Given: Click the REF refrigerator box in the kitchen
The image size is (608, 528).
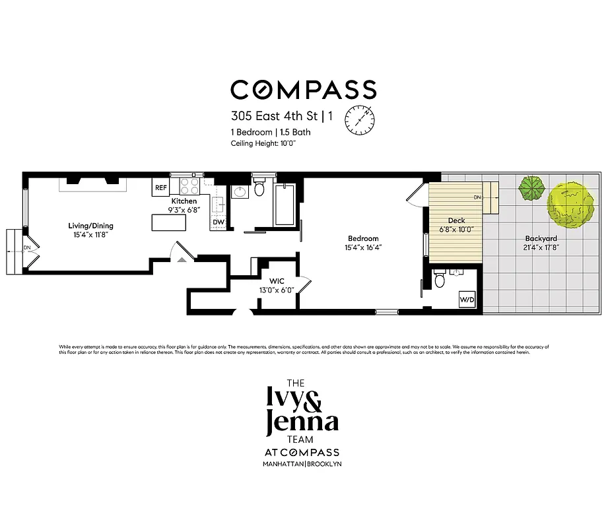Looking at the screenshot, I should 161,187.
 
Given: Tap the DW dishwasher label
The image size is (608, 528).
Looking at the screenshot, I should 219,222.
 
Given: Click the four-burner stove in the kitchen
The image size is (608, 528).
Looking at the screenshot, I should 189,186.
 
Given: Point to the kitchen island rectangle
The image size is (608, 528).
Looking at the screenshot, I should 170,223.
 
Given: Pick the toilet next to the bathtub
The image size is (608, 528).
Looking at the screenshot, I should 259,189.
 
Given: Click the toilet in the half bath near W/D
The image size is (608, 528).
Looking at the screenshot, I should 440,280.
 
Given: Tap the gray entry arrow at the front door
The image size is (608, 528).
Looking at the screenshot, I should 182,259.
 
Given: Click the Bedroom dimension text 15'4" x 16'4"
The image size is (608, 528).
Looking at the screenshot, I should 363,248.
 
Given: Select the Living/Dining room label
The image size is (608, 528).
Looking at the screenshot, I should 92,225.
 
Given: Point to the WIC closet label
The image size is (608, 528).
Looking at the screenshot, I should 276,280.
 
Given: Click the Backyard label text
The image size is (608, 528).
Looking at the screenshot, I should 541,238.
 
